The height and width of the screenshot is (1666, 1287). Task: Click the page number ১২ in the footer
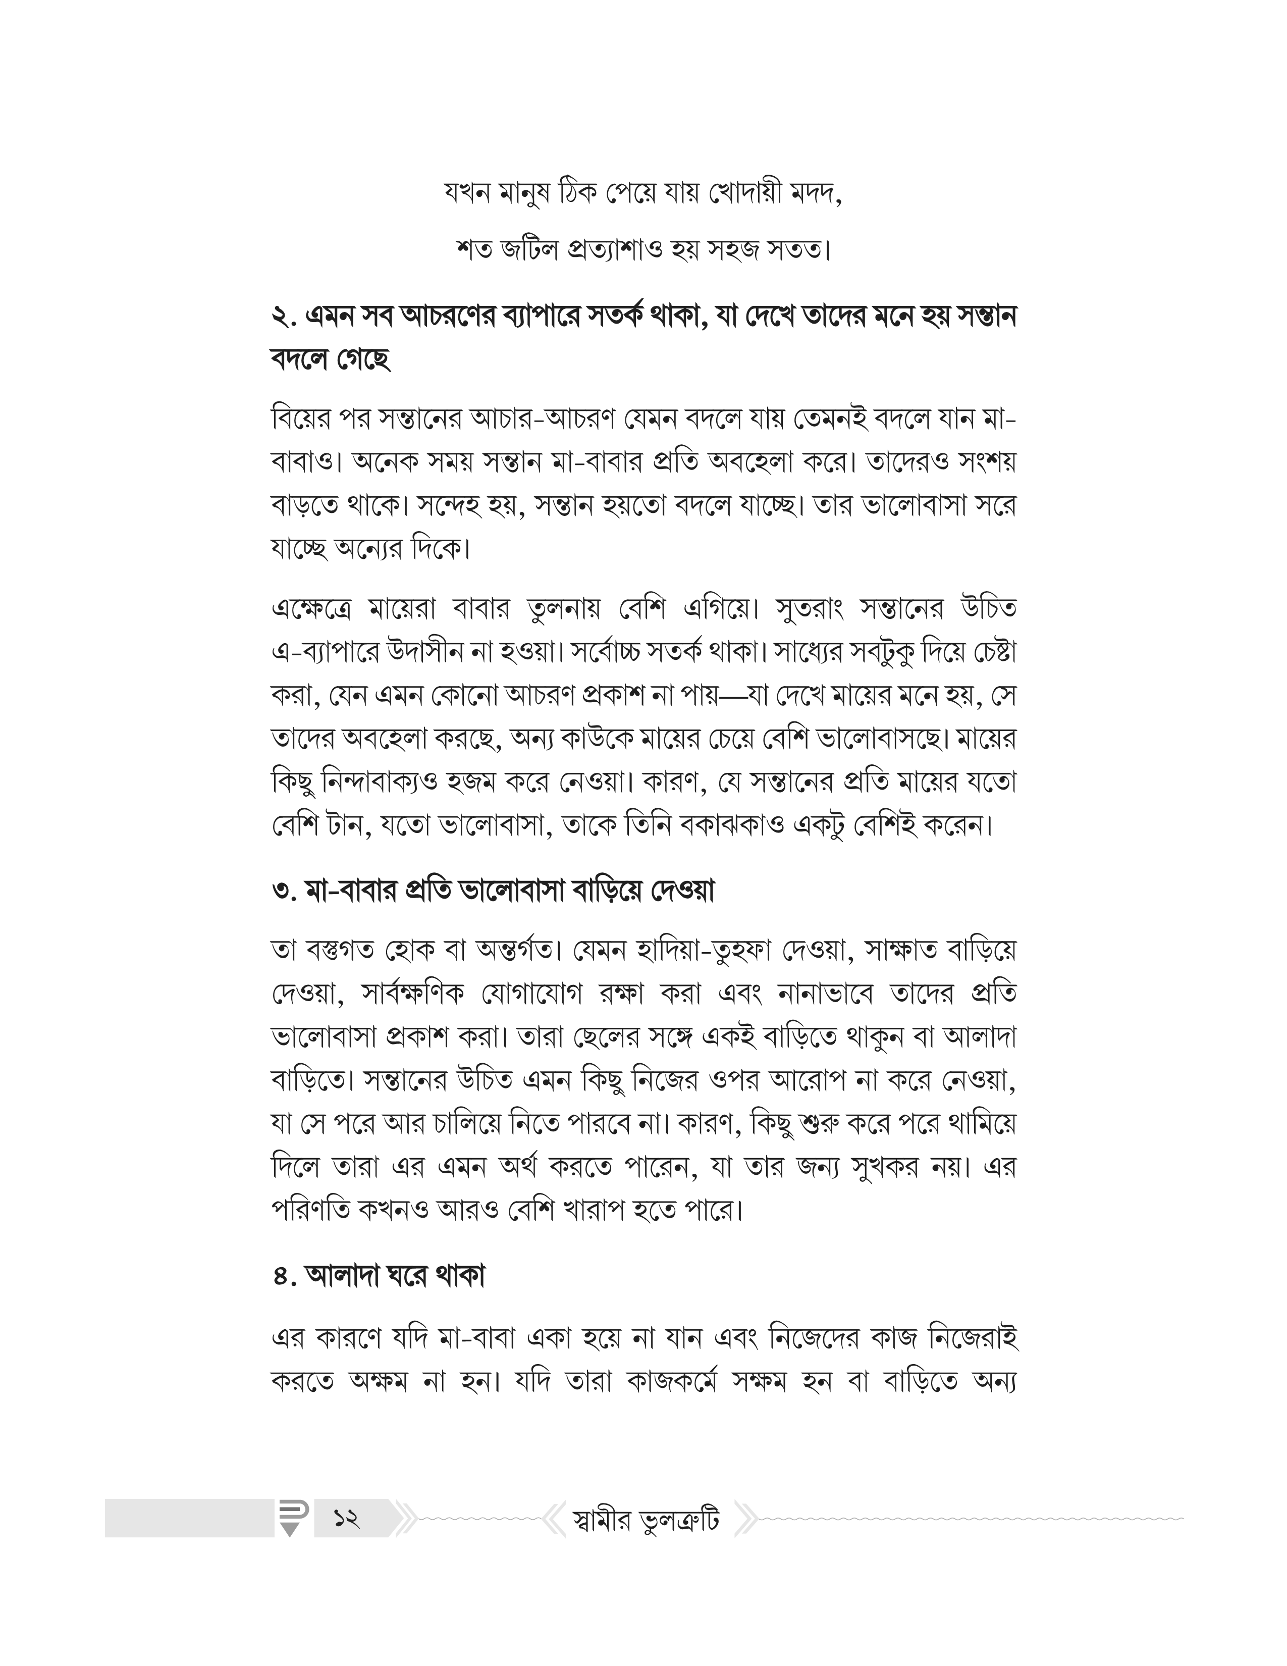coord(346,1519)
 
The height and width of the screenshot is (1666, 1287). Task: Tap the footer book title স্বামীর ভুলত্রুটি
coord(645,1520)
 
